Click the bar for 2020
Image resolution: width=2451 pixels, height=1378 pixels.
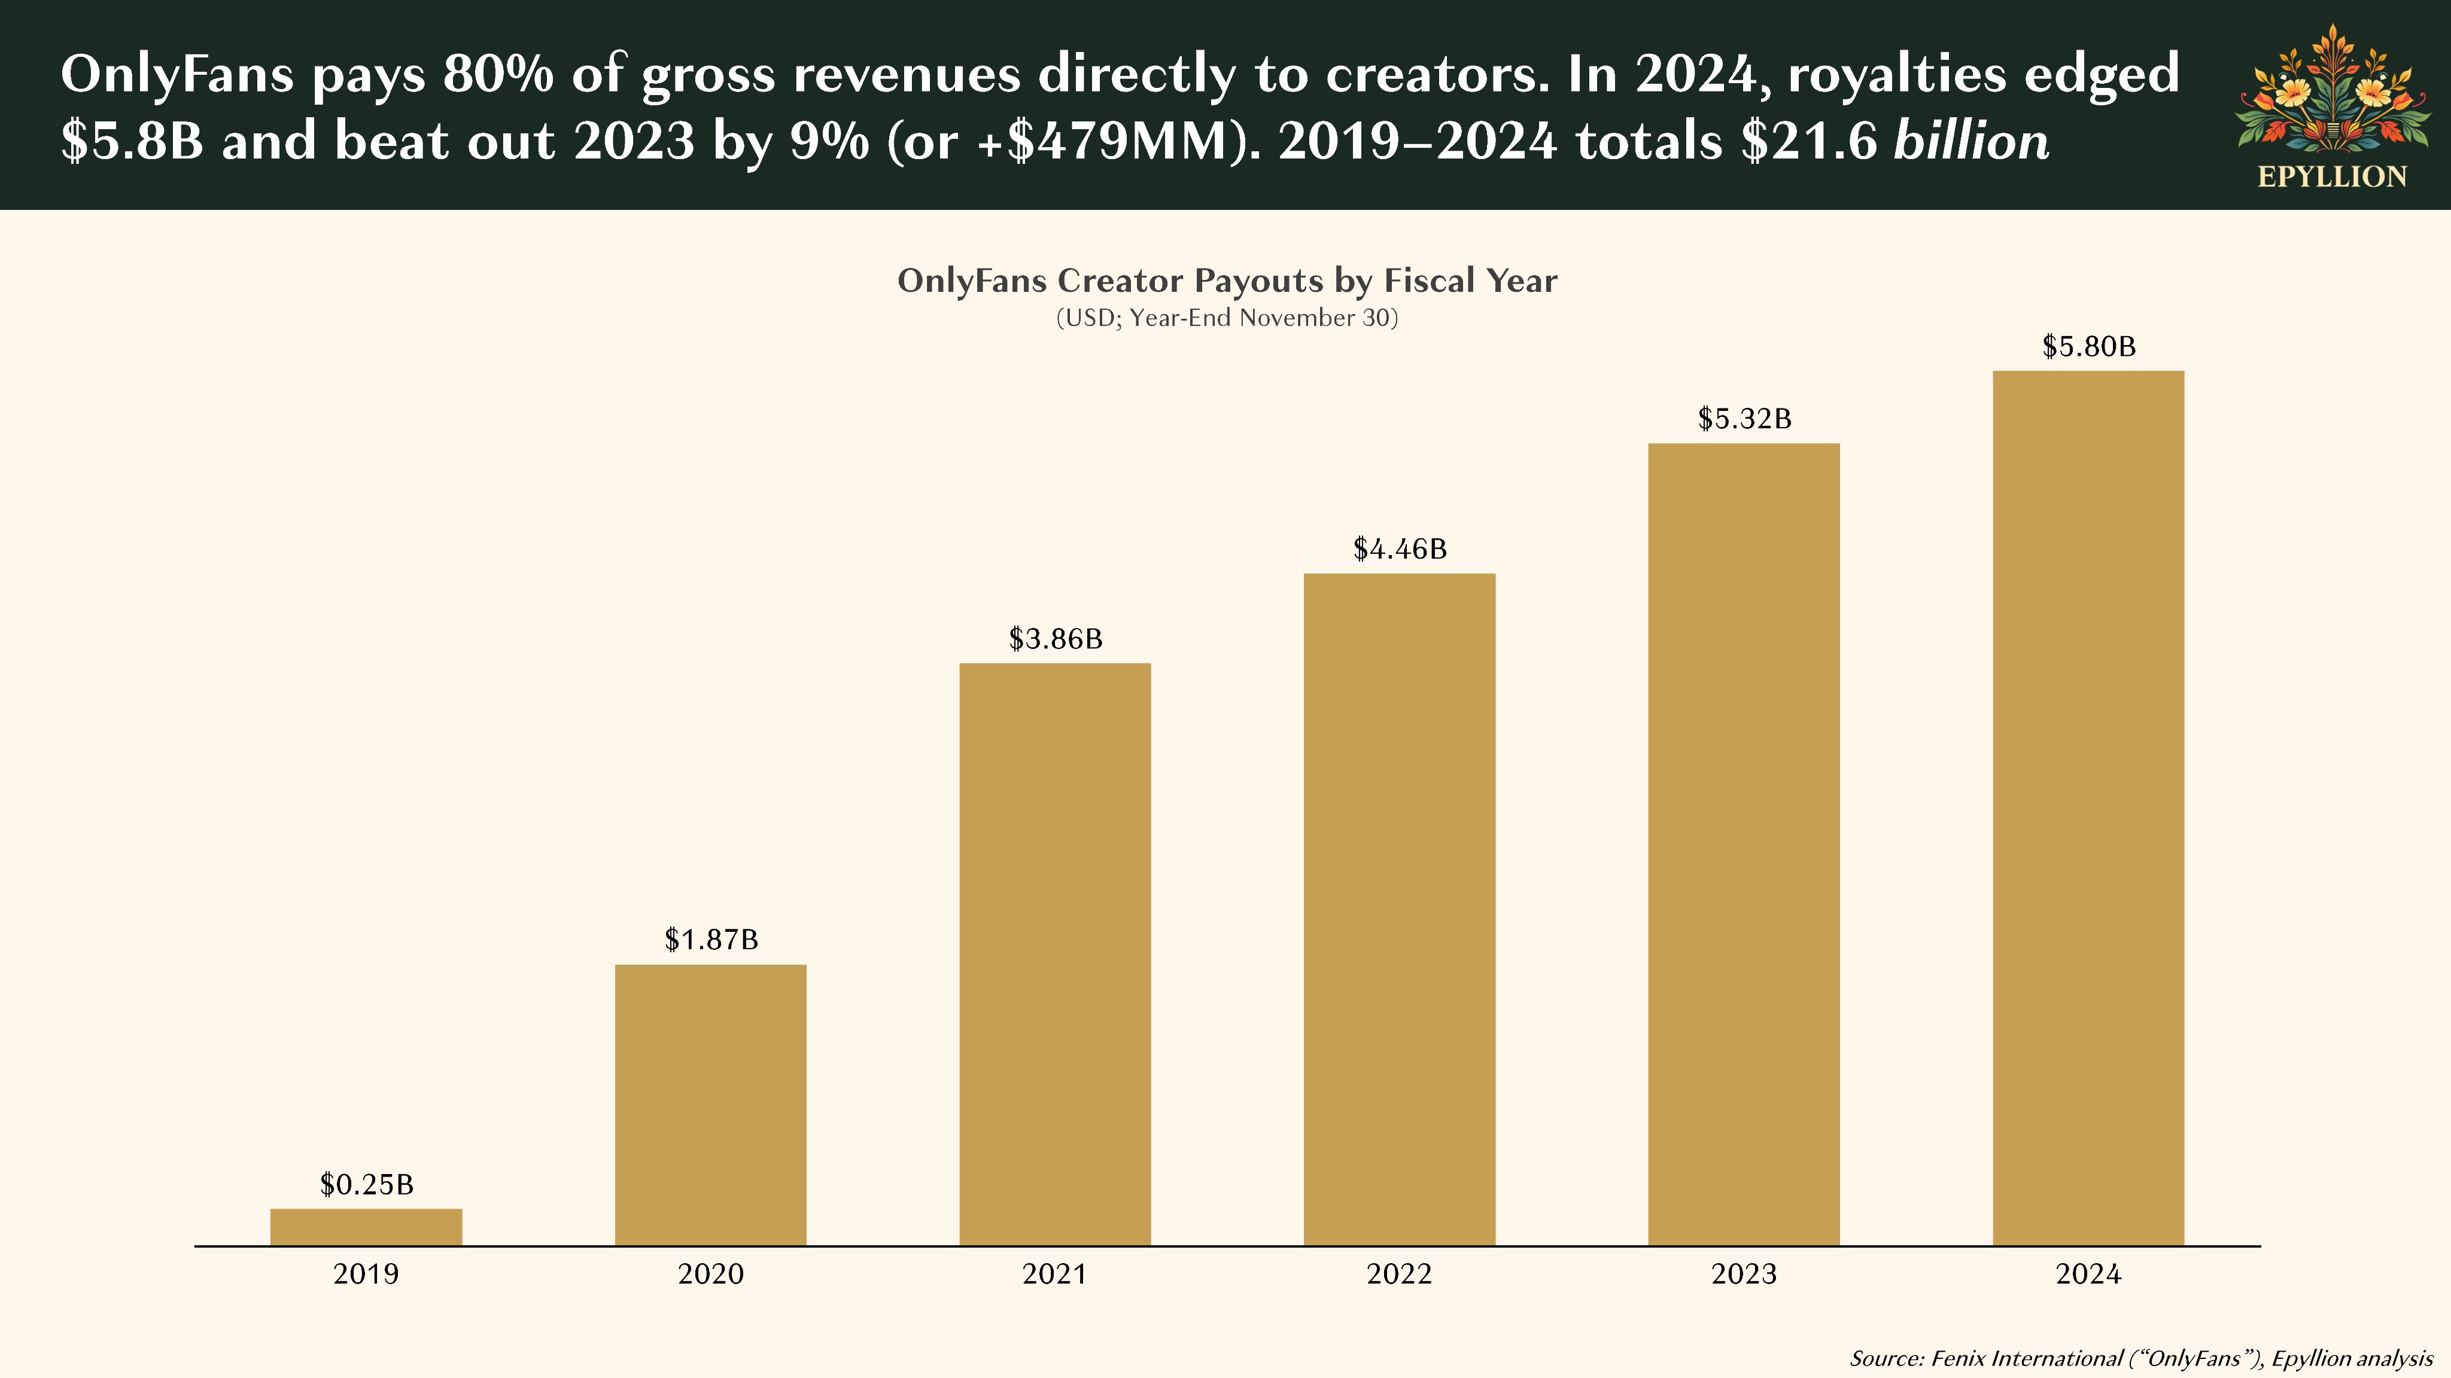coord(711,1105)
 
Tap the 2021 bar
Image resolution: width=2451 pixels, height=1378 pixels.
coord(1055,954)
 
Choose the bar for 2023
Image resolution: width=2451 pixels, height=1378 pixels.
coord(1744,845)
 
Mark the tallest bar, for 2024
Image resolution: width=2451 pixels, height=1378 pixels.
coord(2088,809)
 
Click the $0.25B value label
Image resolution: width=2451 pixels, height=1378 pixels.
coord(366,1184)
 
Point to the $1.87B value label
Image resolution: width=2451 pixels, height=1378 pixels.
coord(711,940)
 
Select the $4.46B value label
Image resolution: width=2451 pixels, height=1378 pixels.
coord(1400,548)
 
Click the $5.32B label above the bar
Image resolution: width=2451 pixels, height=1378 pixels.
coord(1744,419)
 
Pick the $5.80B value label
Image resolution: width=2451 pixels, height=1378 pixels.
coord(2088,346)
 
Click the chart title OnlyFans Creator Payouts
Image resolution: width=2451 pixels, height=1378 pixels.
coord(1227,281)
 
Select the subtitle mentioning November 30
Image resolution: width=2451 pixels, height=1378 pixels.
coord(1227,318)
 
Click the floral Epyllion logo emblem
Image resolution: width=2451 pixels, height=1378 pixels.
coord(2332,90)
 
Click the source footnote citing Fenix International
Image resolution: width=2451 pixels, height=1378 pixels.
coord(2141,1358)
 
